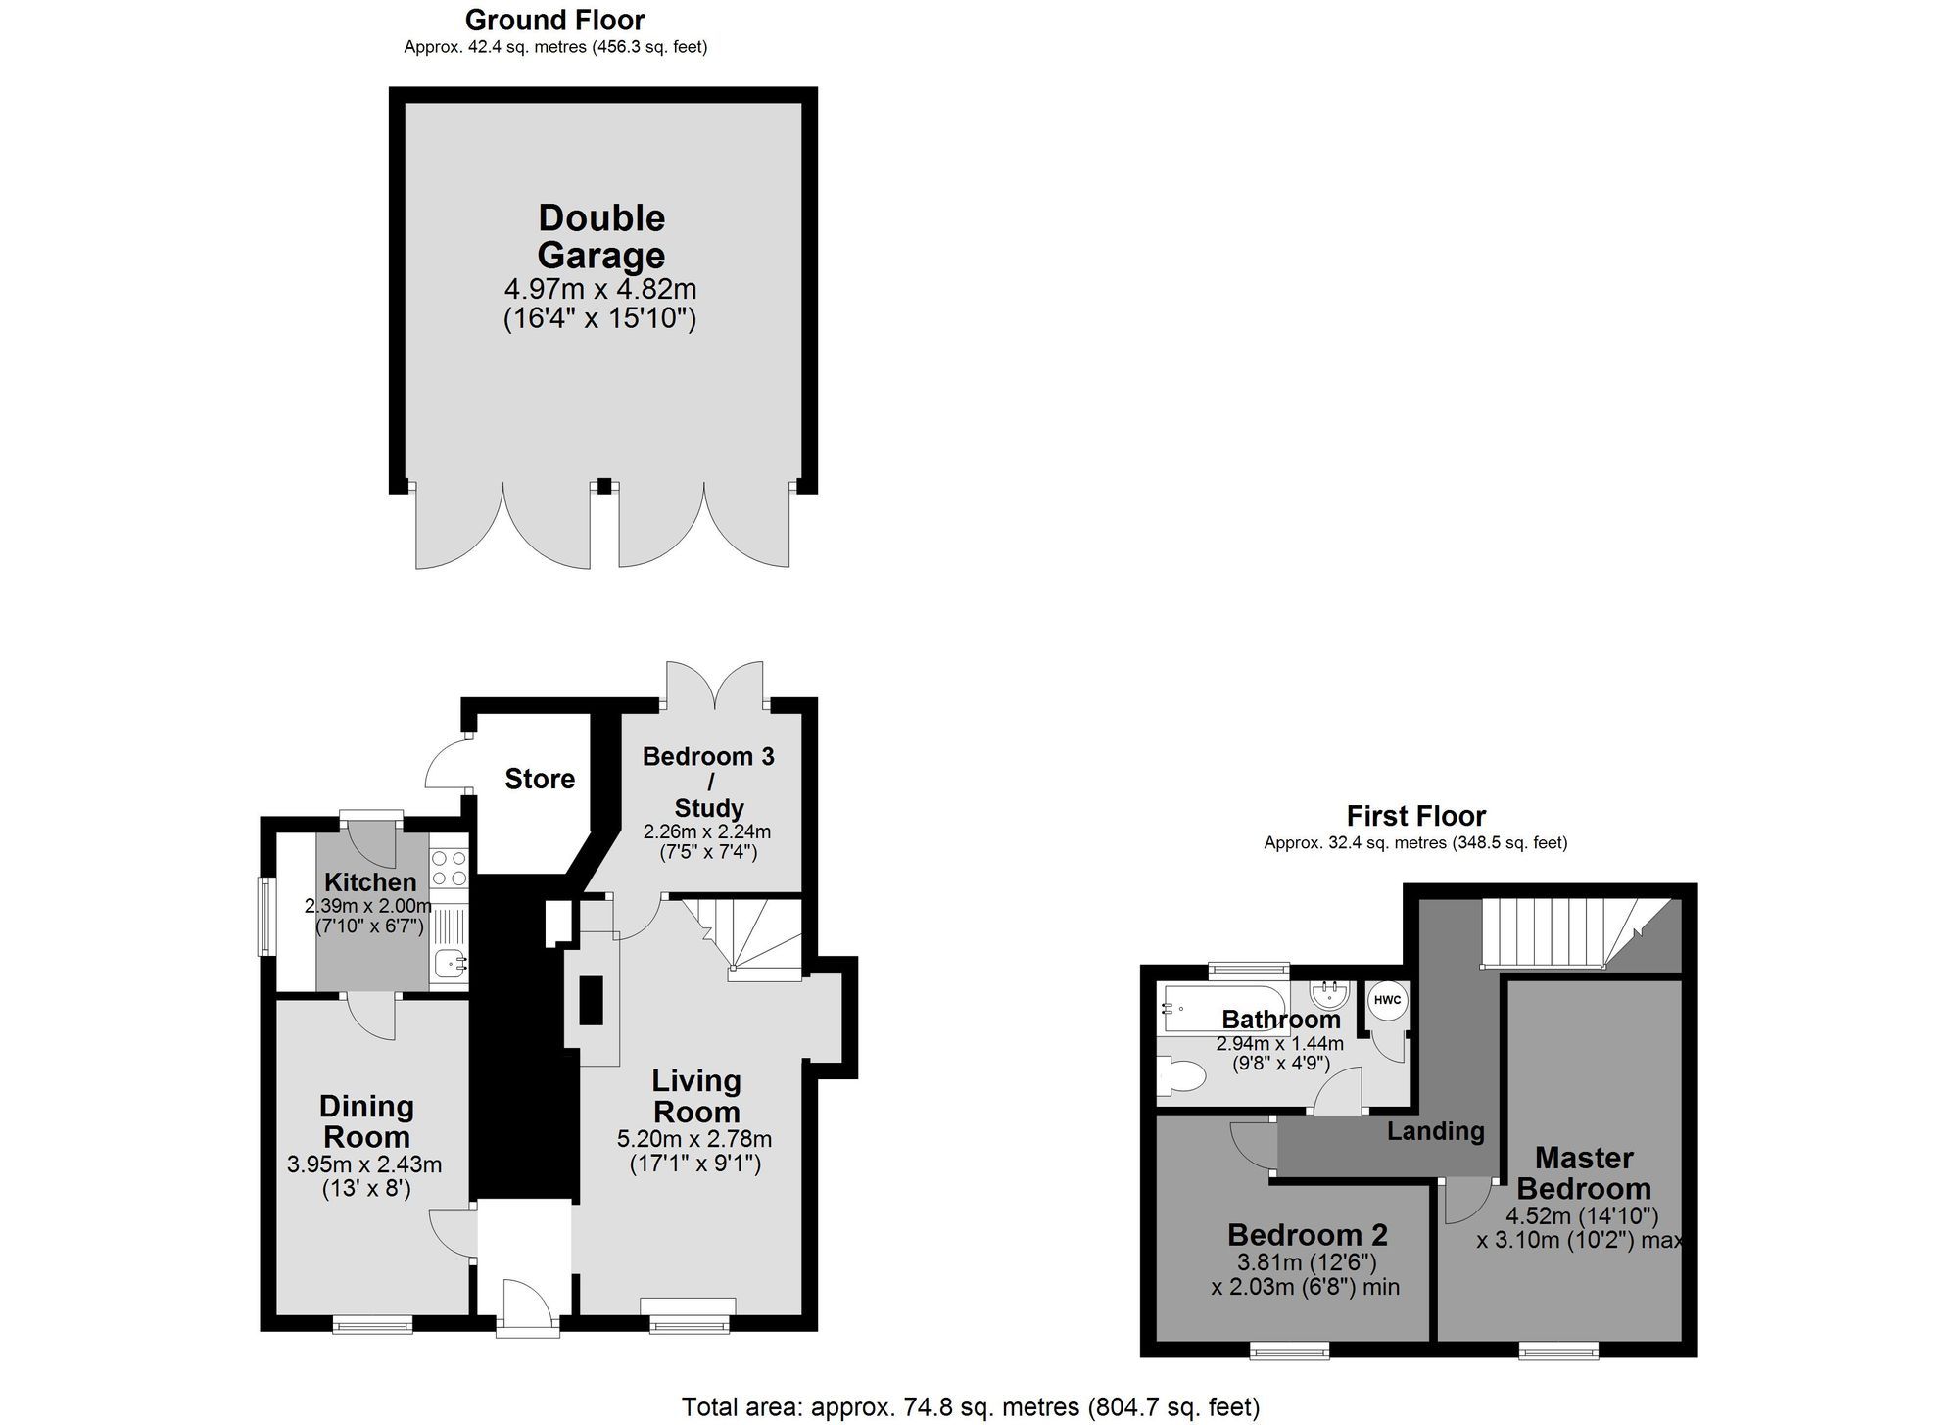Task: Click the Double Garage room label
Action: [x=600, y=236]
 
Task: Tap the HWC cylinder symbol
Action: [x=1387, y=1001]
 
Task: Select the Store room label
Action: [x=540, y=779]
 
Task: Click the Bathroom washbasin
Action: [x=1330, y=996]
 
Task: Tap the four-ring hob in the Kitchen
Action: [x=450, y=868]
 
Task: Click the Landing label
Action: [x=1435, y=1131]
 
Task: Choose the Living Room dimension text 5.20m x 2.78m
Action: [x=693, y=1139]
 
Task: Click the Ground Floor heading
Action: [x=554, y=20]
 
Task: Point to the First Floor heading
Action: [x=1415, y=816]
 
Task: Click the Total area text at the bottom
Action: [x=970, y=1407]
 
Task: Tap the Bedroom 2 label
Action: [x=1307, y=1234]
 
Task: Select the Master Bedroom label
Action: [x=1584, y=1173]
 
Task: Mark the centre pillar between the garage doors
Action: [x=604, y=485]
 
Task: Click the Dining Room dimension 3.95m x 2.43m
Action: [x=364, y=1164]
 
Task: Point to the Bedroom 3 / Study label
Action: [x=708, y=782]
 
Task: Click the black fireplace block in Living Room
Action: [x=591, y=1000]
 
